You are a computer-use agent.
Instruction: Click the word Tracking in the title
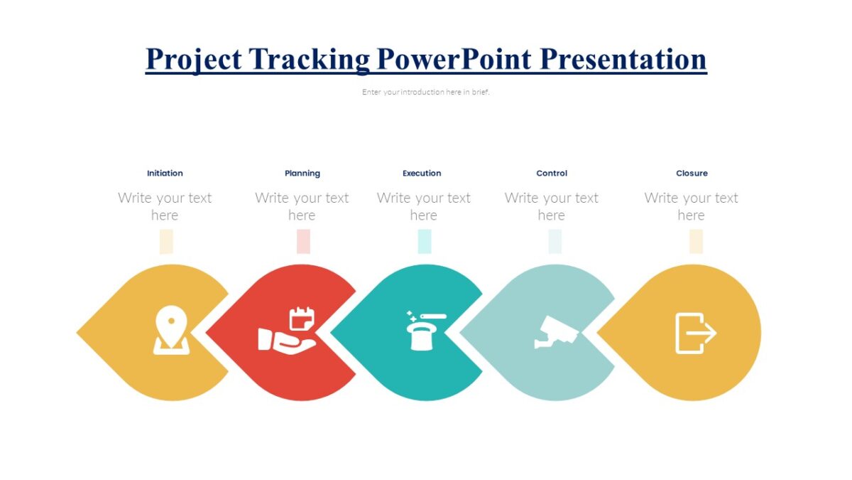click(310, 59)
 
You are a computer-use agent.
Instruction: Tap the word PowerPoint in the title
click(454, 59)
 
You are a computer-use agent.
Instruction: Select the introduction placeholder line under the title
click(426, 92)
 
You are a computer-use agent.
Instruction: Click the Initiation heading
click(165, 173)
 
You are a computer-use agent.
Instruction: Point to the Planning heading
click(302, 173)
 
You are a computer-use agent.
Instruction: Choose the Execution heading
click(422, 173)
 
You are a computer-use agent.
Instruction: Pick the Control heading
click(552, 173)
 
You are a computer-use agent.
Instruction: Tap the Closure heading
click(692, 173)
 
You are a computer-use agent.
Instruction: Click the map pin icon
click(171, 330)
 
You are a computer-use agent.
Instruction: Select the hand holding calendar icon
click(287, 330)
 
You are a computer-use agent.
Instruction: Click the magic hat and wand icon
click(424, 330)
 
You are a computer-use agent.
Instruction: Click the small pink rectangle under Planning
click(303, 242)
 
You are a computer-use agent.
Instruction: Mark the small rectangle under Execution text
click(425, 242)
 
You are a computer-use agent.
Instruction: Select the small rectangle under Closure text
click(696, 242)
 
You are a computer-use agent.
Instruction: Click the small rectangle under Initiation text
click(166, 242)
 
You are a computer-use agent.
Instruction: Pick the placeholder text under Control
click(552, 206)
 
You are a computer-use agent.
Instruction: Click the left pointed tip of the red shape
click(208, 332)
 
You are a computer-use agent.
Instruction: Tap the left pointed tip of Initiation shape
click(79, 332)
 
